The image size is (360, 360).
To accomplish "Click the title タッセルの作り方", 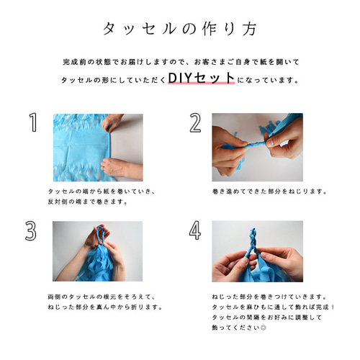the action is coord(180,29).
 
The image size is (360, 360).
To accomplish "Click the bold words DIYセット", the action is coord(201,78).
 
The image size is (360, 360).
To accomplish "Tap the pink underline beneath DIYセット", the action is coord(201,83).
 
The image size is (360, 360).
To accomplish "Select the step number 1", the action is coord(33,122).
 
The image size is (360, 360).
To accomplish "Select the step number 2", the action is coord(195,122).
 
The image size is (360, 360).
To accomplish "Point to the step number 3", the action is coord(31,230).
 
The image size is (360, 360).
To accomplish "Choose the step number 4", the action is coord(195,230).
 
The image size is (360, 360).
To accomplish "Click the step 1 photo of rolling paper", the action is coord(98,148).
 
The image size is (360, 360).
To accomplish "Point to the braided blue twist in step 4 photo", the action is coord(253,243).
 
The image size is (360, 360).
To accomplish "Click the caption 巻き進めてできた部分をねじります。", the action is coord(270,192).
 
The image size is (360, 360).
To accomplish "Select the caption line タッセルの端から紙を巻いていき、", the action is coord(102,192).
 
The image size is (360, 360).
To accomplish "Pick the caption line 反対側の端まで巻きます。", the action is coord(88,202).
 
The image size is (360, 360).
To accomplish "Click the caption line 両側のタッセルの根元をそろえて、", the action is coord(102,297).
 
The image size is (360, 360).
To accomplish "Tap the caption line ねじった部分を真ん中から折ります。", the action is coord(105,307).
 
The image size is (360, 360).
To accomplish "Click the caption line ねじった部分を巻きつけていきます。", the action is coord(269,297).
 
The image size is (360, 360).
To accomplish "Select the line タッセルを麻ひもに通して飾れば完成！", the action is coord(273,307).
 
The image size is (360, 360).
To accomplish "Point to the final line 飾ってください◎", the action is coord(239,328).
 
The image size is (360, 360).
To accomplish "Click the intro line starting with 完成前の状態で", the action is coord(181,62).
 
